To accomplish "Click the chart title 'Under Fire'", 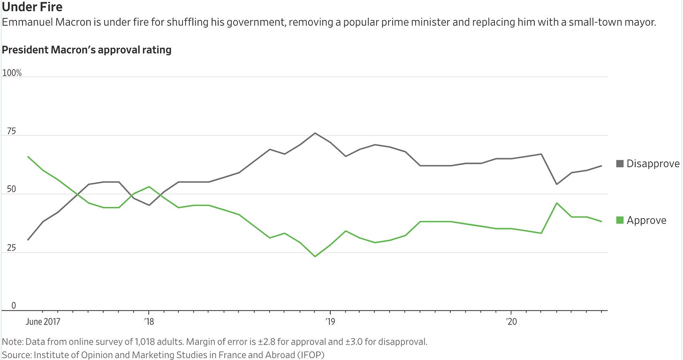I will click(32, 8).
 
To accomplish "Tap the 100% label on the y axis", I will click(12, 73).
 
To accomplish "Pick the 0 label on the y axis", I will click(14, 306).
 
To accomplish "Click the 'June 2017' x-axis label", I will click(43, 322).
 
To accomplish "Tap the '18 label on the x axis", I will click(149, 322).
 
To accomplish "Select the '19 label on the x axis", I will click(330, 322).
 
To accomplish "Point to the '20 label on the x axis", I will click(511, 322).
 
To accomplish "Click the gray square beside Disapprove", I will click(620, 164).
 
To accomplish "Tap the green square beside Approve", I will click(620, 220).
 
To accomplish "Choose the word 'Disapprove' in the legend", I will click(653, 164).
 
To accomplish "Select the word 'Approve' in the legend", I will click(646, 220).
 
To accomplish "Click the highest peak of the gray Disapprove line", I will click(315, 133).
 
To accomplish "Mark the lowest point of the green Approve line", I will click(315, 256).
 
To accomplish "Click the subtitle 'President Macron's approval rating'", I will click(87, 50).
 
